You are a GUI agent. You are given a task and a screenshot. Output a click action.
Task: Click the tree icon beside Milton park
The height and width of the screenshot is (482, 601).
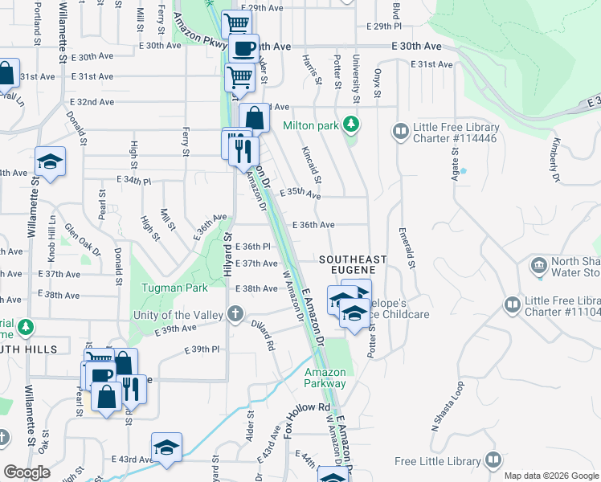(x=350, y=125)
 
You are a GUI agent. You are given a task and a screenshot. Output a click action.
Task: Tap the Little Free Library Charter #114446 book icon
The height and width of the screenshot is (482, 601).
(x=399, y=130)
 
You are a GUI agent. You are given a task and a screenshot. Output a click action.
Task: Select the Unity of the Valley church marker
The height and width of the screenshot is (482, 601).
(x=235, y=313)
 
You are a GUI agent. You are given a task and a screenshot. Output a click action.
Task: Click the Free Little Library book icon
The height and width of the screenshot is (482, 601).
(x=493, y=461)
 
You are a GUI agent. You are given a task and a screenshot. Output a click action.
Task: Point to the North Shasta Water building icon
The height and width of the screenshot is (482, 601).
(x=538, y=264)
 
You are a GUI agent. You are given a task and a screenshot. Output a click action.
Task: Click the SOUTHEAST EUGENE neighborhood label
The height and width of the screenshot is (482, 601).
(x=353, y=265)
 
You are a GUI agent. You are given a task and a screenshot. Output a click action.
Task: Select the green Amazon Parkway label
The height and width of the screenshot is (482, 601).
(x=325, y=378)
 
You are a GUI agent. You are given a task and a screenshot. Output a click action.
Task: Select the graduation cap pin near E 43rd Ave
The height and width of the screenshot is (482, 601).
(x=166, y=447)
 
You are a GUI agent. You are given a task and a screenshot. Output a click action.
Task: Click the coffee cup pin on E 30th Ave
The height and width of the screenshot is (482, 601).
(x=244, y=49)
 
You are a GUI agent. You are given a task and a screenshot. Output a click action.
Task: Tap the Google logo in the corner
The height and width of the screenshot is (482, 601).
(x=26, y=472)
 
